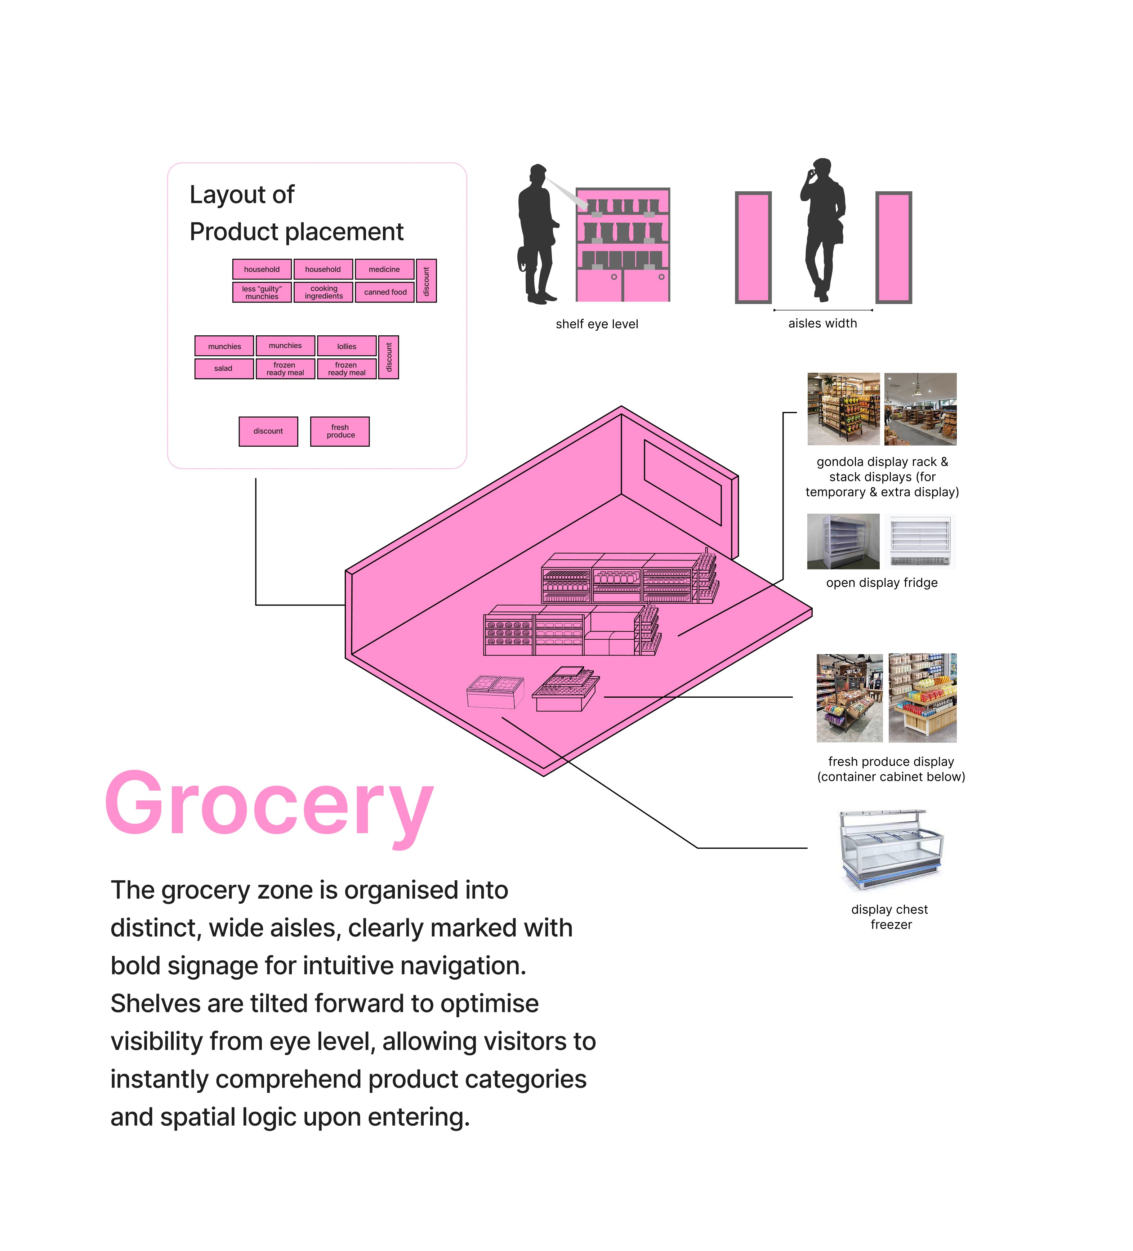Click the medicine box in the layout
(384, 269)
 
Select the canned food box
(385, 292)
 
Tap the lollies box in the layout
(346, 346)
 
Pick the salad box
(223, 368)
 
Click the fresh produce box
(340, 431)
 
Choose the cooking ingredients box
(323, 292)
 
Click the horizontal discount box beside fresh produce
(268, 431)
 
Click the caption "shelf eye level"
(596, 324)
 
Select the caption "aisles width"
(822, 323)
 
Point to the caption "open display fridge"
(881, 583)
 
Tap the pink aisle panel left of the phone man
(753, 247)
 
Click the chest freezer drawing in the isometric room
(495, 692)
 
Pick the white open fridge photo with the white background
(920, 541)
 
